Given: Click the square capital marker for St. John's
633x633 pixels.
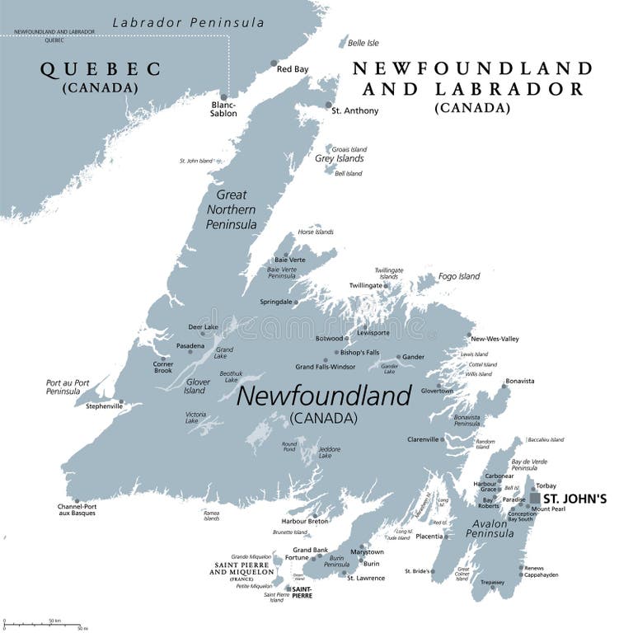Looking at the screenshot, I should click(536, 499).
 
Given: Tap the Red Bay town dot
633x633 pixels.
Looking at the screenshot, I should click(274, 63).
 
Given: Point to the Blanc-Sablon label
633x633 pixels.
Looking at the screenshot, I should click(223, 109).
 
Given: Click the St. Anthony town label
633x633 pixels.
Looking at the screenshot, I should click(354, 110).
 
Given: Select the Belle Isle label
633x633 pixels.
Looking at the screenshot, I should click(363, 43).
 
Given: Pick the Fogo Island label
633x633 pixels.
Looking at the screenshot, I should click(458, 276).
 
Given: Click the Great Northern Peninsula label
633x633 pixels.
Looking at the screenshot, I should click(232, 209).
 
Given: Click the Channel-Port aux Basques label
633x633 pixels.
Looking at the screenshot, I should click(77, 509).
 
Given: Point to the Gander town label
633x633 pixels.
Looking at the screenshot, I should click(413, 357).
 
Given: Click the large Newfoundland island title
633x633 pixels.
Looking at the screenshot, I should click(323, 396).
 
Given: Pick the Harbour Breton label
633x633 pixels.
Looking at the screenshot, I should click(305, 521).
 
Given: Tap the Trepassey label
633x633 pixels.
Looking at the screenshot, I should click(492, 583).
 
